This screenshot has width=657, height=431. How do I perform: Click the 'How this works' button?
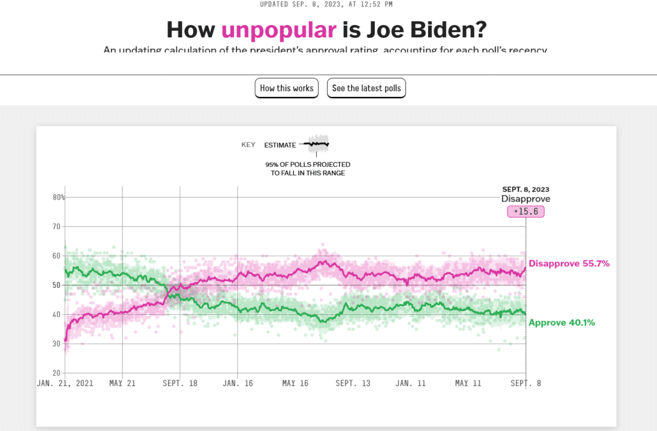[287, 88]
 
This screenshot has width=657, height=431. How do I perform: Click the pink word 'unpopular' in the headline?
[278, 30]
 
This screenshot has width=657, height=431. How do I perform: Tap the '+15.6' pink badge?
[525, 211]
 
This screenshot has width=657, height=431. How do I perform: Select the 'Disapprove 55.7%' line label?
[568, 263]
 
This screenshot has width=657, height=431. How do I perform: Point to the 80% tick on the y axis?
[59, 197]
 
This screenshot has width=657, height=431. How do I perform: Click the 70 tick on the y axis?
[56, 227]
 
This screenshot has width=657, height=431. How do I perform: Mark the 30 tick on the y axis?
[56, 344]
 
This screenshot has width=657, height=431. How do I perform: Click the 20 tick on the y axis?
[56, 373]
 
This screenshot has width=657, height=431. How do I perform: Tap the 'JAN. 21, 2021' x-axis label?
[65, 383]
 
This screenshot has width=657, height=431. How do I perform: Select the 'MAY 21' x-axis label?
[122, 383]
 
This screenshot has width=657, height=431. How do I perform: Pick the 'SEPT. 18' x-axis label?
[180, 383]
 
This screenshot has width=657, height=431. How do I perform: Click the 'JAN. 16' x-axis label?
[237, 383]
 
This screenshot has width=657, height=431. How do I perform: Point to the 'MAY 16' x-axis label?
[295, 383]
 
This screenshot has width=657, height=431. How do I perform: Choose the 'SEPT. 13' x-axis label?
[353, 383]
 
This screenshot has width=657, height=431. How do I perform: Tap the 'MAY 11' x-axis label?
[469, 383]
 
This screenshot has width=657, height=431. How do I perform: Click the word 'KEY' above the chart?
[248, 145]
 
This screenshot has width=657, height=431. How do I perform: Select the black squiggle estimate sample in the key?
[318, 145]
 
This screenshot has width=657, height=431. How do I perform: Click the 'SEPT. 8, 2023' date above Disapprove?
[525, 189]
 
